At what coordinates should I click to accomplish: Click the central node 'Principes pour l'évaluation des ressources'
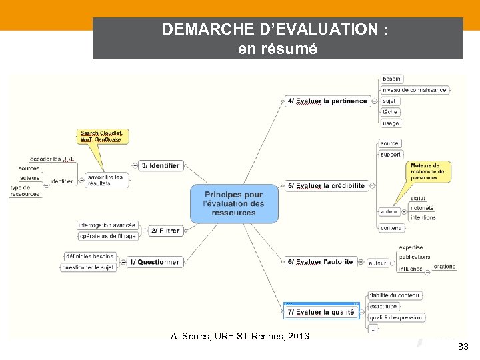tap(235, 203)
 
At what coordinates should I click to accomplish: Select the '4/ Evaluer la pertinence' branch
tap(327, 101)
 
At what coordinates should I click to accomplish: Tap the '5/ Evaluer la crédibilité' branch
tap(327, 185)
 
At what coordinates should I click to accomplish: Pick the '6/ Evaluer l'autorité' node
tap(320, 262)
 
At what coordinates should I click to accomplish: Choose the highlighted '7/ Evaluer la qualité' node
tap(321, 312)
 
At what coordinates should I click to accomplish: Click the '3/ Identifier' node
tap(161, 165)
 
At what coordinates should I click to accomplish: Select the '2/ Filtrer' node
tap(165, 231)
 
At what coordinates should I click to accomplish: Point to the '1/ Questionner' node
tap(154, 262)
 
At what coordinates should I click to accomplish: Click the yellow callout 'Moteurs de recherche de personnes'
tap(427, 171)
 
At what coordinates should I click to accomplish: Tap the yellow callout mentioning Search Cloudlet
tap(103, 136)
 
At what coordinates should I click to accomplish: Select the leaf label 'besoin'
tap(391, 79)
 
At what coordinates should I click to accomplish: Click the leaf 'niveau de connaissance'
tap(414, 89)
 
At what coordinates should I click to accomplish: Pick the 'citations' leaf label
tap(444, 267)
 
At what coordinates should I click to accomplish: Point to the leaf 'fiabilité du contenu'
tap(395, 295)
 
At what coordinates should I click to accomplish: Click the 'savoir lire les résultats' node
tap(105, 180)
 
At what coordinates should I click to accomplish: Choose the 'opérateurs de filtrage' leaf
tap(107, 236)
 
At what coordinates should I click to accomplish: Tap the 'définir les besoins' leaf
tap(91, 256)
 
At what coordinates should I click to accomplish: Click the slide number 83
tap(463, 347)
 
